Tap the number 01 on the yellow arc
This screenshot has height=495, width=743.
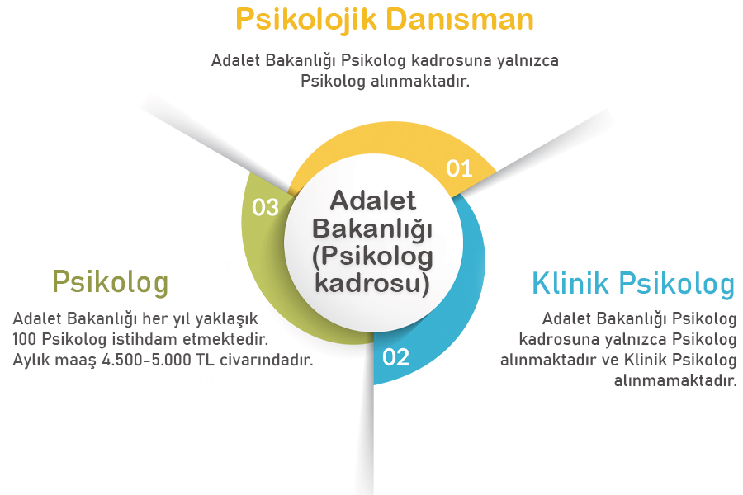459,169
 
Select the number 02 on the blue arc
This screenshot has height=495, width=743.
395,357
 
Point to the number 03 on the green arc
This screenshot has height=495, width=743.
265,207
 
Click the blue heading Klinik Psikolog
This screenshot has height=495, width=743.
633,284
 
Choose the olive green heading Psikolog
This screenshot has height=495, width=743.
110,281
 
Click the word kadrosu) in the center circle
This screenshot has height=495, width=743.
373,282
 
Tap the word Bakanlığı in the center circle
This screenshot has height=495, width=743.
373,227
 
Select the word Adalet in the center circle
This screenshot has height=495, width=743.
373,200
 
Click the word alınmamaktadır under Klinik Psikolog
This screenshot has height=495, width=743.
675,381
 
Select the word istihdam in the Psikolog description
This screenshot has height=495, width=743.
143,339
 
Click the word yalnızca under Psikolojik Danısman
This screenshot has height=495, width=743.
528,60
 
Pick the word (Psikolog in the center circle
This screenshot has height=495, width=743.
373,256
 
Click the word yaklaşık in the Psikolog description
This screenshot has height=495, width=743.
230,318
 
